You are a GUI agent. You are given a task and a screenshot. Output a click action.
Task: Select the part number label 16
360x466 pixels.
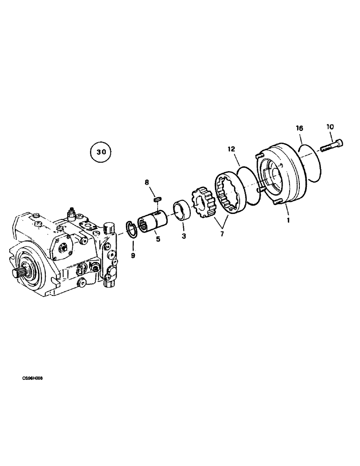tap(299, 127)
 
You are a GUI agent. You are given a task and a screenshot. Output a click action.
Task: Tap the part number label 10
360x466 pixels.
tap(330, 126)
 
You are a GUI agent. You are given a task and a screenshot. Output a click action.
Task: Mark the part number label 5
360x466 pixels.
tap(158, 240)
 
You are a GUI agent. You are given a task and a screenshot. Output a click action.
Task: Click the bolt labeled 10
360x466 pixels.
tap(331, 145)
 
